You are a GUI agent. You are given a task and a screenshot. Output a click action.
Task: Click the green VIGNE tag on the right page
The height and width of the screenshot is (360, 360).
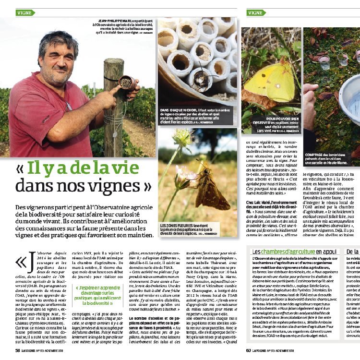click(x=257, y=12)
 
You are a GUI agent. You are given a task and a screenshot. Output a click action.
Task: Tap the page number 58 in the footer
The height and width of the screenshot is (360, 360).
click(x=17, y=350)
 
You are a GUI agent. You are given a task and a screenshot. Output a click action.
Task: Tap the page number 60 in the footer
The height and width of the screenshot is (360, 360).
click(x=249, y=350)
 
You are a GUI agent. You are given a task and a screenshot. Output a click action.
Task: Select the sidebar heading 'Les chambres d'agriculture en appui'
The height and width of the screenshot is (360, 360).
click(x=294, y=251)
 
